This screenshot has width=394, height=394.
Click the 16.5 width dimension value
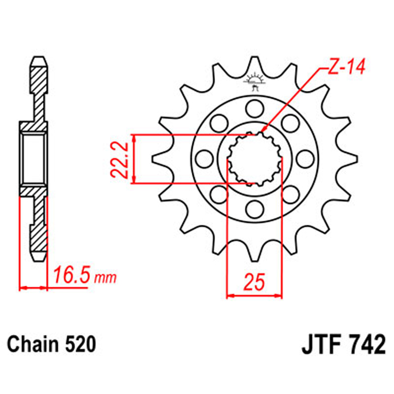pyautogui.click(x=71, y=275)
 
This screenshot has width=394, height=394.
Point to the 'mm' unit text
pyautogui.click(x=105, y=277)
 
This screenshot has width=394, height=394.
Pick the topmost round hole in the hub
pyautogui.click(x=254, y=109)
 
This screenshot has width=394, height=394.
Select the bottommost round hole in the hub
pyautogui.click(x=254, y=207)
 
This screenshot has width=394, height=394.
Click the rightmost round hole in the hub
pyautogui.click(x=303, y=158)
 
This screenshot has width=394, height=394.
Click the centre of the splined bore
pyautogui.click(x=254, y=159)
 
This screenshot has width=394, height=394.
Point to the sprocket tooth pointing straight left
pyautogui.click(x=155, y=158)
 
